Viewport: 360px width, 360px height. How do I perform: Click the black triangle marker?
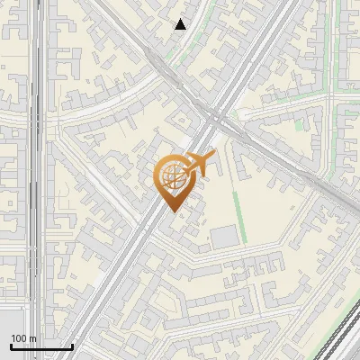181,24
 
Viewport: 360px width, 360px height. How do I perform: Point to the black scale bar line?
41,346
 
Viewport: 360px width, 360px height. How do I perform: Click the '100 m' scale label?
24,338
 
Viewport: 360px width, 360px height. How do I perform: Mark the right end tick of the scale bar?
72,345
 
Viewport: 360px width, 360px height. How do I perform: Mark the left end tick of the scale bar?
11,345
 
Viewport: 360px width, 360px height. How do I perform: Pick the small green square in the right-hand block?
299,125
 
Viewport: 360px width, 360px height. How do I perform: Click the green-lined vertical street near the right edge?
335,45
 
